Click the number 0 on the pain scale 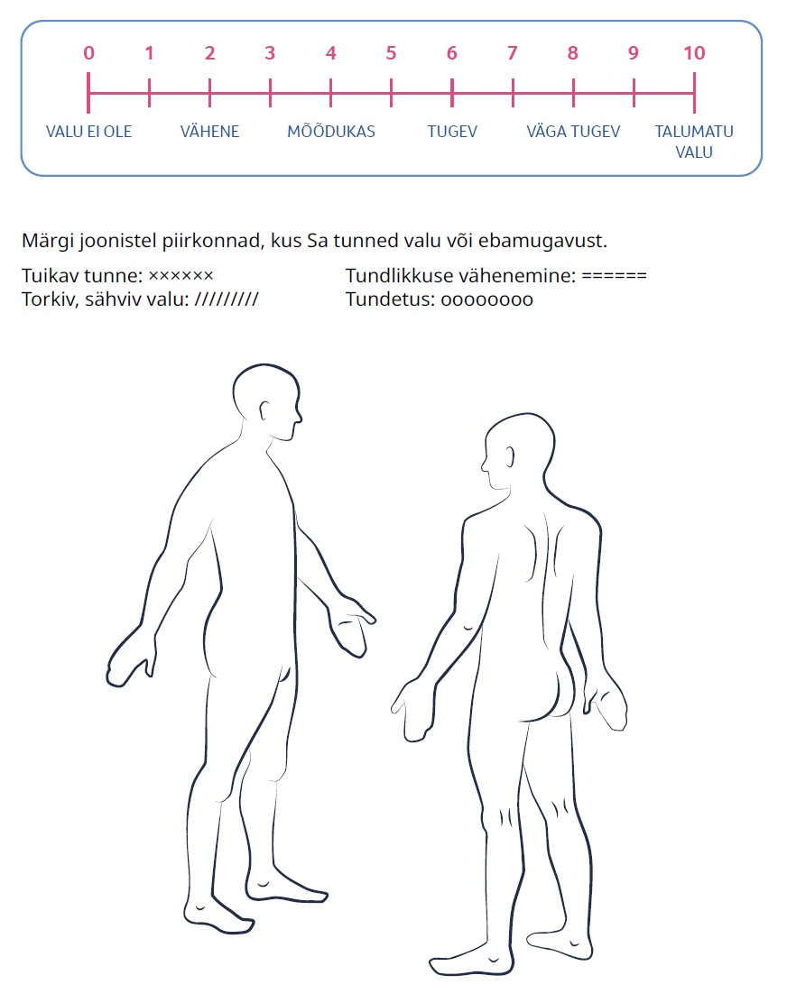point(88,53)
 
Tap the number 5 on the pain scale point(391,53)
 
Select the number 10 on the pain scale point(694,53)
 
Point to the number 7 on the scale point(513,53)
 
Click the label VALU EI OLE point(89,132)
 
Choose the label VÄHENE point(210,131)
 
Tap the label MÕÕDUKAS point(331,131)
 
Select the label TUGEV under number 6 point(452,132)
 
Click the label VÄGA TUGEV point(573,131)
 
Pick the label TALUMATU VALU point(694,142)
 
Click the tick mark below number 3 point(270,94)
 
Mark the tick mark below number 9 point(634,94)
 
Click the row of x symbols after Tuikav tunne point(181,276)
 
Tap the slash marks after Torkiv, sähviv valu point(227,299)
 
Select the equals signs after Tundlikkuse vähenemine point(615,276)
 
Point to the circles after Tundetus point(487,300)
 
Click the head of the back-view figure point(518,451)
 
